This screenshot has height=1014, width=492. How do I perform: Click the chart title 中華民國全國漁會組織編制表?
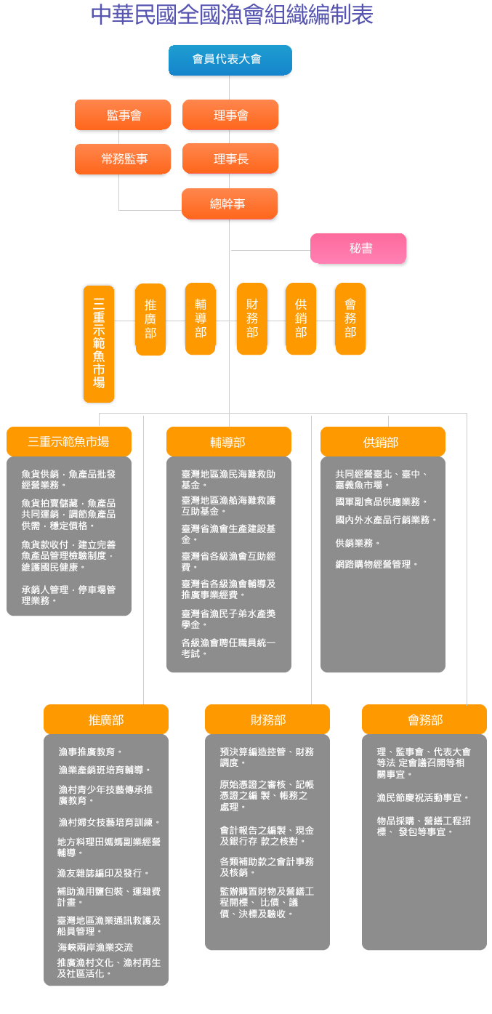[232, 15]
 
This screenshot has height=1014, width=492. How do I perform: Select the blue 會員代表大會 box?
[230, 60]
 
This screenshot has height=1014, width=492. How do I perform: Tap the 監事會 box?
[123, 115]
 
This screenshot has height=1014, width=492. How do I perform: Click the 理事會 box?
[230, 115]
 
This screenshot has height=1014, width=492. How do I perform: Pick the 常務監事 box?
[123, 158]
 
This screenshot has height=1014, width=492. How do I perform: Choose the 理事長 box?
[230, 158]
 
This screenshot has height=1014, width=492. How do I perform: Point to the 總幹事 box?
[230, 204]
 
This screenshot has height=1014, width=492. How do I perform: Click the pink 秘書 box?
[358, 248]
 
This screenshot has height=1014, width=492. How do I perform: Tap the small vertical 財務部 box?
[251, 318]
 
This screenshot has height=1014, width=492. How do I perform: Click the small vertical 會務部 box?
[350, 318]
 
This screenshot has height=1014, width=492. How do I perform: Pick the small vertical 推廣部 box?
[150, 318]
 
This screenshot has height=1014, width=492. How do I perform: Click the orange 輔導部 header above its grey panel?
[228, 442]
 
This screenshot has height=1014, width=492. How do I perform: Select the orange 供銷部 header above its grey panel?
[382, 442]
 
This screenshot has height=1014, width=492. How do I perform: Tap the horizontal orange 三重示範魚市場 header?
[69, 441]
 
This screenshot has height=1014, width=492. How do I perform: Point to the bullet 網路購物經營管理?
[376, 564]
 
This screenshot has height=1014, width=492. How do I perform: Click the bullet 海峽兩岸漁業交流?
[95, 947]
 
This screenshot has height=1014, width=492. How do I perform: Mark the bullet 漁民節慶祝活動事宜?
[422, 797]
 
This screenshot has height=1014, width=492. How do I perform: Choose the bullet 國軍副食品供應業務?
[380, 502]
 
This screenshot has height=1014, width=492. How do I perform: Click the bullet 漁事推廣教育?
[90, 752]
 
